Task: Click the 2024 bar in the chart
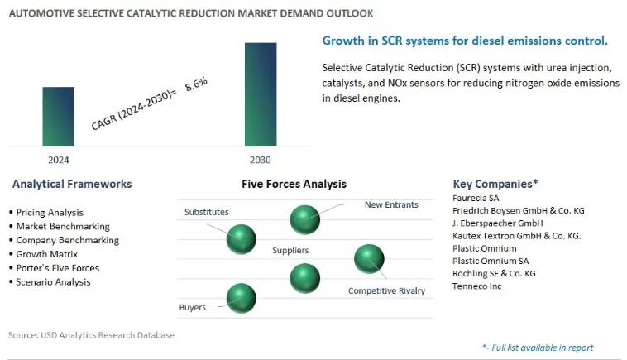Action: click(x=59, y=117)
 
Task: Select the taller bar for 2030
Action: click(x=261, y=94)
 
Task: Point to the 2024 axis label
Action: click(x=59, y=160)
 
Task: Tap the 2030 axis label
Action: click(x=261, y=160)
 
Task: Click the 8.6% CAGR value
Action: click(x=196, y=84)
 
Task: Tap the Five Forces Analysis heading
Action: click(x=294, y=184)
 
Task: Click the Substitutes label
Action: click(x=206, y=212)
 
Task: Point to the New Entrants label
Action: click(x=391, y=204)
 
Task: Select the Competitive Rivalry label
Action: click(x=386, y=290)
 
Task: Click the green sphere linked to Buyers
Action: click(x=242, y=298)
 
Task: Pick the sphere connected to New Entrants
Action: click(x=304, y=219)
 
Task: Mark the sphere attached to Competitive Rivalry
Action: click(x=369, y=259)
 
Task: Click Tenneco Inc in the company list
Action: click(x=476, y=286)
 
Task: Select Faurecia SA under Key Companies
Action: click(x=476, y=198)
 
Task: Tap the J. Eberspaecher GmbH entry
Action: click(x=497, y=223)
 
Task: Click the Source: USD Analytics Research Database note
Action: click(x=91, y=335)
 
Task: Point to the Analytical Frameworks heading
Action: click(x=72, y=184)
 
